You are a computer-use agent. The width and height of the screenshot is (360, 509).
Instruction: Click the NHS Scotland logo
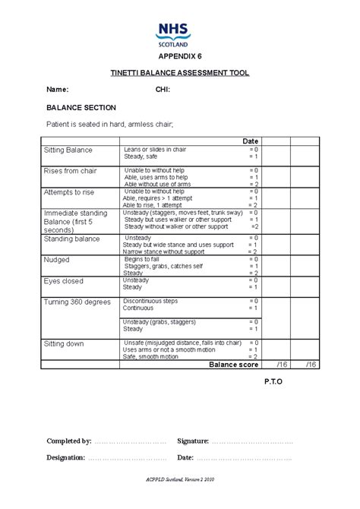175,34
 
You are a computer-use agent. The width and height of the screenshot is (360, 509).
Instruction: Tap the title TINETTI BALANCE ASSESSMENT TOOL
179,73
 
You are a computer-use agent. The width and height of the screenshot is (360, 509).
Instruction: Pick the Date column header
251,141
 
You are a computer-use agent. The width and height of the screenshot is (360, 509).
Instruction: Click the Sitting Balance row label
68,150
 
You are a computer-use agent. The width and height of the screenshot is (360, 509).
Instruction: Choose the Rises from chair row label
70,171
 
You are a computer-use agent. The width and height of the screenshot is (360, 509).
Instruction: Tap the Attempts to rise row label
68,192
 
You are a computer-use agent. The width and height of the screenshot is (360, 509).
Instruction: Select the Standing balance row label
72,239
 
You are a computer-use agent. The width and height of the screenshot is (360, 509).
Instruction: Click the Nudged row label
58,260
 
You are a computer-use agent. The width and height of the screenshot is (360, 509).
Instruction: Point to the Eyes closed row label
64,281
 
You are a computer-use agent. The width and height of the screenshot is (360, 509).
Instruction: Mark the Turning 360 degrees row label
77,302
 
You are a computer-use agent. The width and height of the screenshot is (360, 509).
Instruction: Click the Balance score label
234,365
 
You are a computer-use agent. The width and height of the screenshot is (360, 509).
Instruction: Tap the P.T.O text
273,381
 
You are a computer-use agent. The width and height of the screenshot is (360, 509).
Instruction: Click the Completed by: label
69,441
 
